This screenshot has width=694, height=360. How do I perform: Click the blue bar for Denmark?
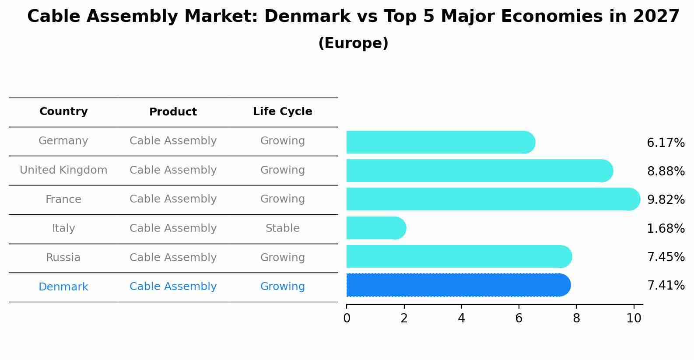458,285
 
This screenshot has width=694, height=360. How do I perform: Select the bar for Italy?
376,228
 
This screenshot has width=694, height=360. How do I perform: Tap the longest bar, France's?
493,199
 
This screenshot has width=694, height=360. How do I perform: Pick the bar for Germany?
440,142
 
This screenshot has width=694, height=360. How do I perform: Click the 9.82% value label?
666,200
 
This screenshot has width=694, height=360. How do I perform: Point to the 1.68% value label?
666,228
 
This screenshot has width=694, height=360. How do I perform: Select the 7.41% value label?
666,286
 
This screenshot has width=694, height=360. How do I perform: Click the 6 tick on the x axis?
519,318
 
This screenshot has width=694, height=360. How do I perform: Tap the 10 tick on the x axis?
633,318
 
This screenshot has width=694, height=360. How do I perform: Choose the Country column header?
63,112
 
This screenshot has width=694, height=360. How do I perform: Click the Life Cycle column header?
282,112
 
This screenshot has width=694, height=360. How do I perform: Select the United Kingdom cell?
63,170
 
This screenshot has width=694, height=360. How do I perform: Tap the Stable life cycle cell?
282,228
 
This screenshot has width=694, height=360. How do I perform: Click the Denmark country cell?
63,287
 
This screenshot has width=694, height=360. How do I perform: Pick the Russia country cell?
63,258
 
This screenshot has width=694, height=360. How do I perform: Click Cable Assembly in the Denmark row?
173,287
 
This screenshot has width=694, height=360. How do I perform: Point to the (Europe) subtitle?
353,43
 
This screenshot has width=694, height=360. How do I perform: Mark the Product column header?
173,112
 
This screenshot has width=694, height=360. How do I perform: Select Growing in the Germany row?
282,141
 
